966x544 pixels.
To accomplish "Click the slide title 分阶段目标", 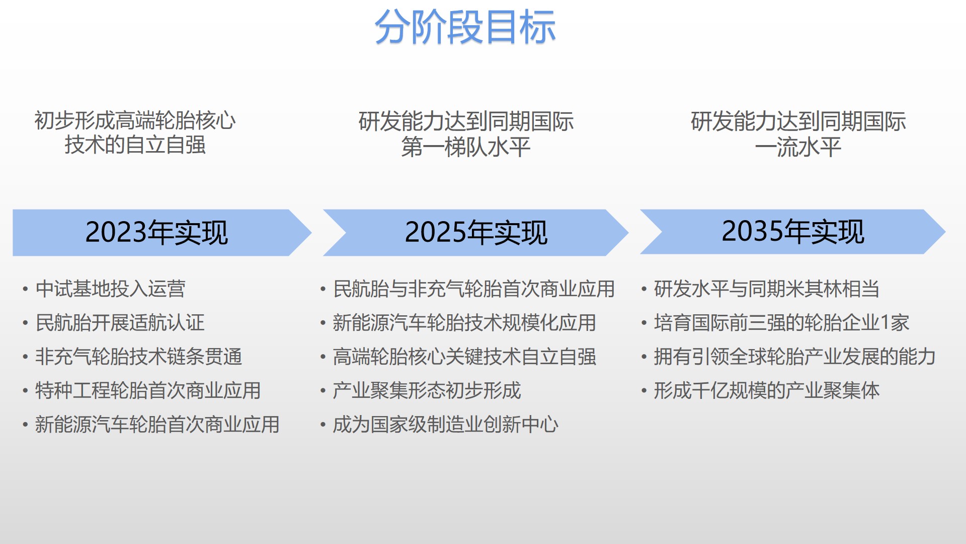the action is [465, 27].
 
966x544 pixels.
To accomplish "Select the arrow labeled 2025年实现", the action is [476, 233].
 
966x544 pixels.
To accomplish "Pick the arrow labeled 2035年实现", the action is [793, 232].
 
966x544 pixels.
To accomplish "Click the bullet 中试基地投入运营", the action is [110, 289].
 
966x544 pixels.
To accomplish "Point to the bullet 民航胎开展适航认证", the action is [120, 323].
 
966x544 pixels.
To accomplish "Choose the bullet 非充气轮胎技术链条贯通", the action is [139, 357].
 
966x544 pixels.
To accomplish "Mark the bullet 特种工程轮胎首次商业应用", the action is [148, 391].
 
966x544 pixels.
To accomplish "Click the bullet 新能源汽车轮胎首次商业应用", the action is [157, 425].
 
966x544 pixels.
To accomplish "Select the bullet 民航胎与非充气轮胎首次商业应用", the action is [474, 289].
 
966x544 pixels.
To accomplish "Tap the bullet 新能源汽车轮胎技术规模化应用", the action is [464, 323].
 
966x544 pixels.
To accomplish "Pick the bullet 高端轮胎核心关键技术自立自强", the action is [464, 357].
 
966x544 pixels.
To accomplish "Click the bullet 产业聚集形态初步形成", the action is [427, 391].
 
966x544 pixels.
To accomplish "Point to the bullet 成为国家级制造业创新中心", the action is [446, 425].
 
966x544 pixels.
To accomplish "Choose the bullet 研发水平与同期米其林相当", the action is [767, 289].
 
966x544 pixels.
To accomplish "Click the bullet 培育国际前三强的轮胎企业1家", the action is [782, 323].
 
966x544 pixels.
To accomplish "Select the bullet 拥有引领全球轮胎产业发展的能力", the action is [795, 357].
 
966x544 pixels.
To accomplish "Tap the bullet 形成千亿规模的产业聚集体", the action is [767, 391].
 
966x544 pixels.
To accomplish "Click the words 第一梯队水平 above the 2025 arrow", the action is [466, 147].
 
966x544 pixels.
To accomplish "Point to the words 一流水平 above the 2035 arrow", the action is [798, 147].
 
